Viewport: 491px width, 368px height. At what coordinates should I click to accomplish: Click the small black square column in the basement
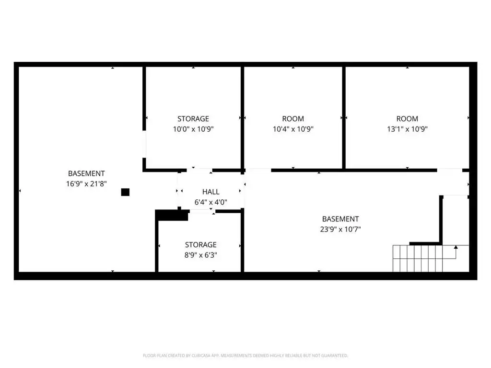(125, 192)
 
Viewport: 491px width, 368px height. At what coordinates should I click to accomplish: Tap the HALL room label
(211, 192)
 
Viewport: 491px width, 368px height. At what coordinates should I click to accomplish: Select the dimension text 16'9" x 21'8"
(86, 184)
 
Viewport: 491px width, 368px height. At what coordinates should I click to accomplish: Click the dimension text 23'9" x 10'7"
(340, 229)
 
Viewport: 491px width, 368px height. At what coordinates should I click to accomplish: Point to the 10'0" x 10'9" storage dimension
(193, 129)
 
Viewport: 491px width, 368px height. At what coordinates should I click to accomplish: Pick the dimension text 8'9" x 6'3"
(201, 255)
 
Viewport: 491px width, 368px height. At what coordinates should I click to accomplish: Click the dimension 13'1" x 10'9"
(407, 129)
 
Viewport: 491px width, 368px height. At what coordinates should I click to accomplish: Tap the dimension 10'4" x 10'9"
(293, 129)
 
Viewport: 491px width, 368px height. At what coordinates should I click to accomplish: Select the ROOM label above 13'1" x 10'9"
(407, 119)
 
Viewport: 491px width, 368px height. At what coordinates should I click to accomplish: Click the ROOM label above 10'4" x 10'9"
(293, 119)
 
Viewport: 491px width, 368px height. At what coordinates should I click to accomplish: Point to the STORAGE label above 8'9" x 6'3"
(201, 245)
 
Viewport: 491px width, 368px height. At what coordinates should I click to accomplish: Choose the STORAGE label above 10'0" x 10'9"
(193, 119)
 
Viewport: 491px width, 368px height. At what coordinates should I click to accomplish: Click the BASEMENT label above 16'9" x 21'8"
(86, 173)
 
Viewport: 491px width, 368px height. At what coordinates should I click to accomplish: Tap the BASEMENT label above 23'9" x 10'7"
(340, 219)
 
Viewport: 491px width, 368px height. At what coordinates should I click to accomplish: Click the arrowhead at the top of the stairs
(456, 247)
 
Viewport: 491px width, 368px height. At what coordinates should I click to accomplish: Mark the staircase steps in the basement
(418, 258)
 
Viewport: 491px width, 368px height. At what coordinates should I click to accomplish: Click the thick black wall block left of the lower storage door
(172, 215)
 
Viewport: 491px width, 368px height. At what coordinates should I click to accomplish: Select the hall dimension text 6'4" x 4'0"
(211, 202)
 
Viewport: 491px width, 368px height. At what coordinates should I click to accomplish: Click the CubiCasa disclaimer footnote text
(245, 356)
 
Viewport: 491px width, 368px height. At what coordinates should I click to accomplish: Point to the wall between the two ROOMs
(344, 118)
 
